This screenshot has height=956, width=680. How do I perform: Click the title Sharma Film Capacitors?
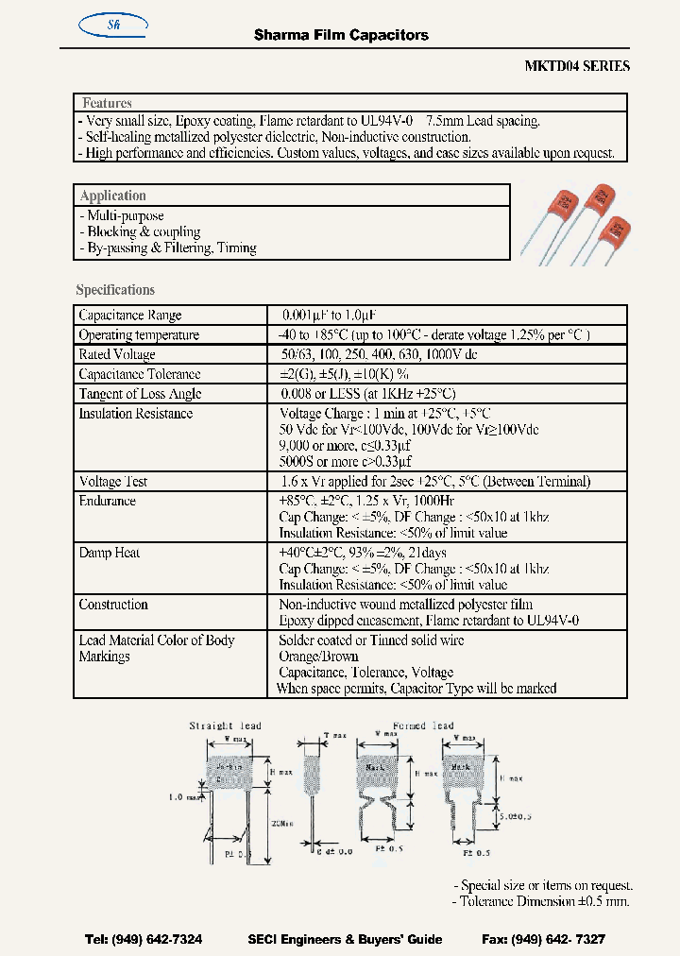coord(341,35)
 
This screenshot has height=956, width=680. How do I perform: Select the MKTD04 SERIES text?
coord(576,66)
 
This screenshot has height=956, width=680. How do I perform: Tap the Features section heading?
coord(107,103)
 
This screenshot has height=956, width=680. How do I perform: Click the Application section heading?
coord(112,196)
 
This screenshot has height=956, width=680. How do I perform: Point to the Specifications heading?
coord(115,290)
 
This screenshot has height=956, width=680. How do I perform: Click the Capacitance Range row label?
coord(129,316)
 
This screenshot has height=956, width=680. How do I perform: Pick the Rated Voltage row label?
coord(118,354)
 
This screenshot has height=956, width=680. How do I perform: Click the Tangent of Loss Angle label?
coord(140,394)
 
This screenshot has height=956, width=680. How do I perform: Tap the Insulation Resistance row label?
coord(135,414)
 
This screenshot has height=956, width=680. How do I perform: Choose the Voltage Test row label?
coord(113,482)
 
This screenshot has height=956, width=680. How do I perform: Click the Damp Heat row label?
coord(109,553)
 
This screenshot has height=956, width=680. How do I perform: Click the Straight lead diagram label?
coord(226,726)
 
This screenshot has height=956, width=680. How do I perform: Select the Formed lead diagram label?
coord(423,726)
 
